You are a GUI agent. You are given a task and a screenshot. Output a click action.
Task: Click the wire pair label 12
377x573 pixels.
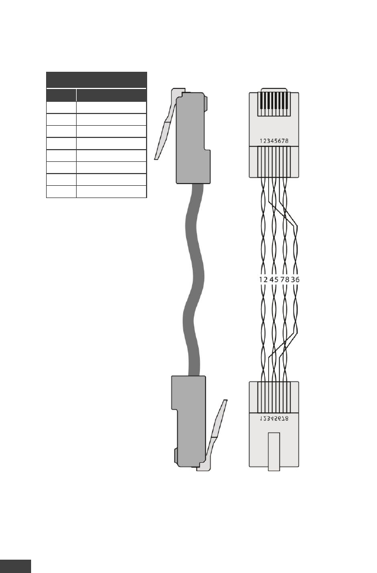tap(263, 280)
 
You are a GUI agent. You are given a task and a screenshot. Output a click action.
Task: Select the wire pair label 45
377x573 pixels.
tap(274, 280)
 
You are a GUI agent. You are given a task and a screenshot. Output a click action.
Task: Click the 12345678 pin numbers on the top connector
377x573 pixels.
tap(273, 141)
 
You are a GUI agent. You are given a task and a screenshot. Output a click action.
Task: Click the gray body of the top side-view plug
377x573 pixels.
tap(192, 139)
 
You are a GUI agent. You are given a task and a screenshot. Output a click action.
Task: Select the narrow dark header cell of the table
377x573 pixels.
tap(61, 95)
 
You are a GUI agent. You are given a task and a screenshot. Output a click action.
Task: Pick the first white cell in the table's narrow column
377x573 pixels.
tap(61, 107)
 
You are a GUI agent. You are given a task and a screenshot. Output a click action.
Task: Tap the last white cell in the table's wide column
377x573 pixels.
tap(111, 192)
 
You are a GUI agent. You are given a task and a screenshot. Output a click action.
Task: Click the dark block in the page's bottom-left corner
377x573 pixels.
tap(15, 566)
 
